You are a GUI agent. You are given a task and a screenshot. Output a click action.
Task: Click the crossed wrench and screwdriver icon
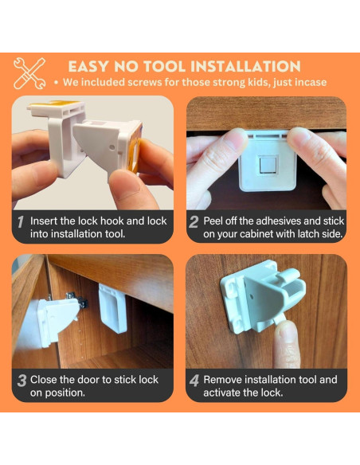coord(29,73)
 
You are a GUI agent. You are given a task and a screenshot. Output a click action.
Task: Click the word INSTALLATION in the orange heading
coord(245,66)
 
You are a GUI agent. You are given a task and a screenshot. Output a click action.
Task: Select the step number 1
coord(20,222)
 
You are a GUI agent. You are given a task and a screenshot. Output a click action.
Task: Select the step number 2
coord(194,222)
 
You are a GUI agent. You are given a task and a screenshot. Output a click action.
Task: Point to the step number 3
coord(22,381)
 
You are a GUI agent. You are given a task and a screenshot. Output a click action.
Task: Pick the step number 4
coord(194,381)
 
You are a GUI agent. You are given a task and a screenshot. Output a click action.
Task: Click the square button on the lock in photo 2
coord(267,165)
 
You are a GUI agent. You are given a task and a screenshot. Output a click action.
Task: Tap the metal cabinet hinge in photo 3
coord(76,299)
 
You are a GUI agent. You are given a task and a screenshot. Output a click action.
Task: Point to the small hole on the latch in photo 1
coord(112,147)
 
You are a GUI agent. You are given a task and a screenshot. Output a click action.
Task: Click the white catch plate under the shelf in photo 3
coord(113,308)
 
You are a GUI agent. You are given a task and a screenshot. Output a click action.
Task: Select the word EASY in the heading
coord(88,66)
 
